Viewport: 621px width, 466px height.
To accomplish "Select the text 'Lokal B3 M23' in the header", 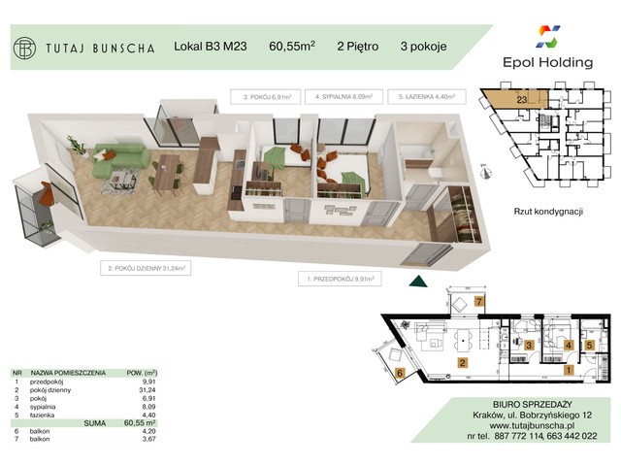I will [209, 45].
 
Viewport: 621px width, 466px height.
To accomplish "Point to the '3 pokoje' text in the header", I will [423, 45].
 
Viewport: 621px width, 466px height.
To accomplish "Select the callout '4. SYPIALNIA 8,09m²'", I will [343, 98].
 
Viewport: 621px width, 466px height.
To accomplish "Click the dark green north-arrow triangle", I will [418, 282].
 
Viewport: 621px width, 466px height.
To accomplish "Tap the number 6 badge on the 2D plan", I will [400, 372].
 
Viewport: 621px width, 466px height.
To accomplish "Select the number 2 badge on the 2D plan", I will [462, 364].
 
